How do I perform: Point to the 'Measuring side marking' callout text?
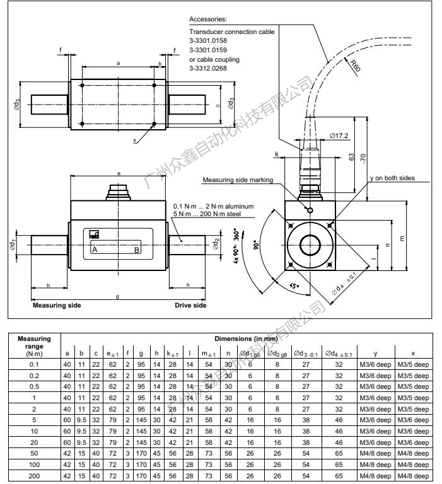[238, 180]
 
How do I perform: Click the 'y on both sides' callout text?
[392, 178]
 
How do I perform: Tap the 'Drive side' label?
[190, 306]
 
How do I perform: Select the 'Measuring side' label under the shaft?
[57, 306]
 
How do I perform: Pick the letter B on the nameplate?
[137, 250]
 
